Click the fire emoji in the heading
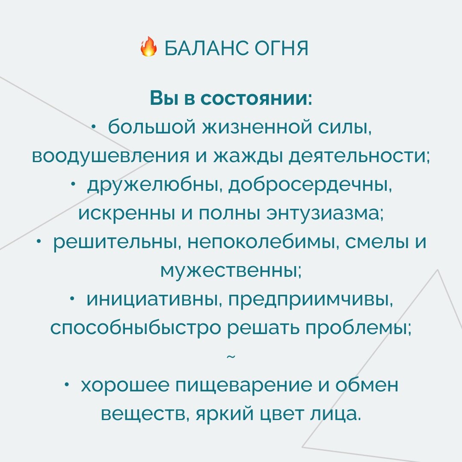click(x=149, y=47)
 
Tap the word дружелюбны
click(x=154, y=185)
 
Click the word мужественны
click(x=231, y=271)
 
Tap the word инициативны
click(x=153, y=300)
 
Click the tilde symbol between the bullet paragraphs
click(x=231, y=356)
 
